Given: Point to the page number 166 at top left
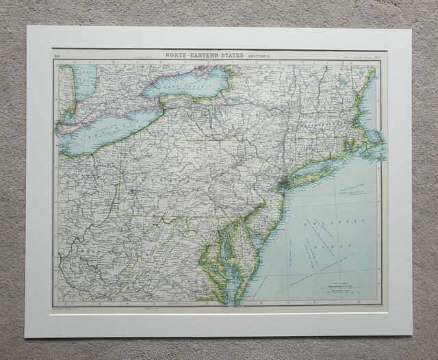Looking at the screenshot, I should pyautogui.click(x=57, y=55).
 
